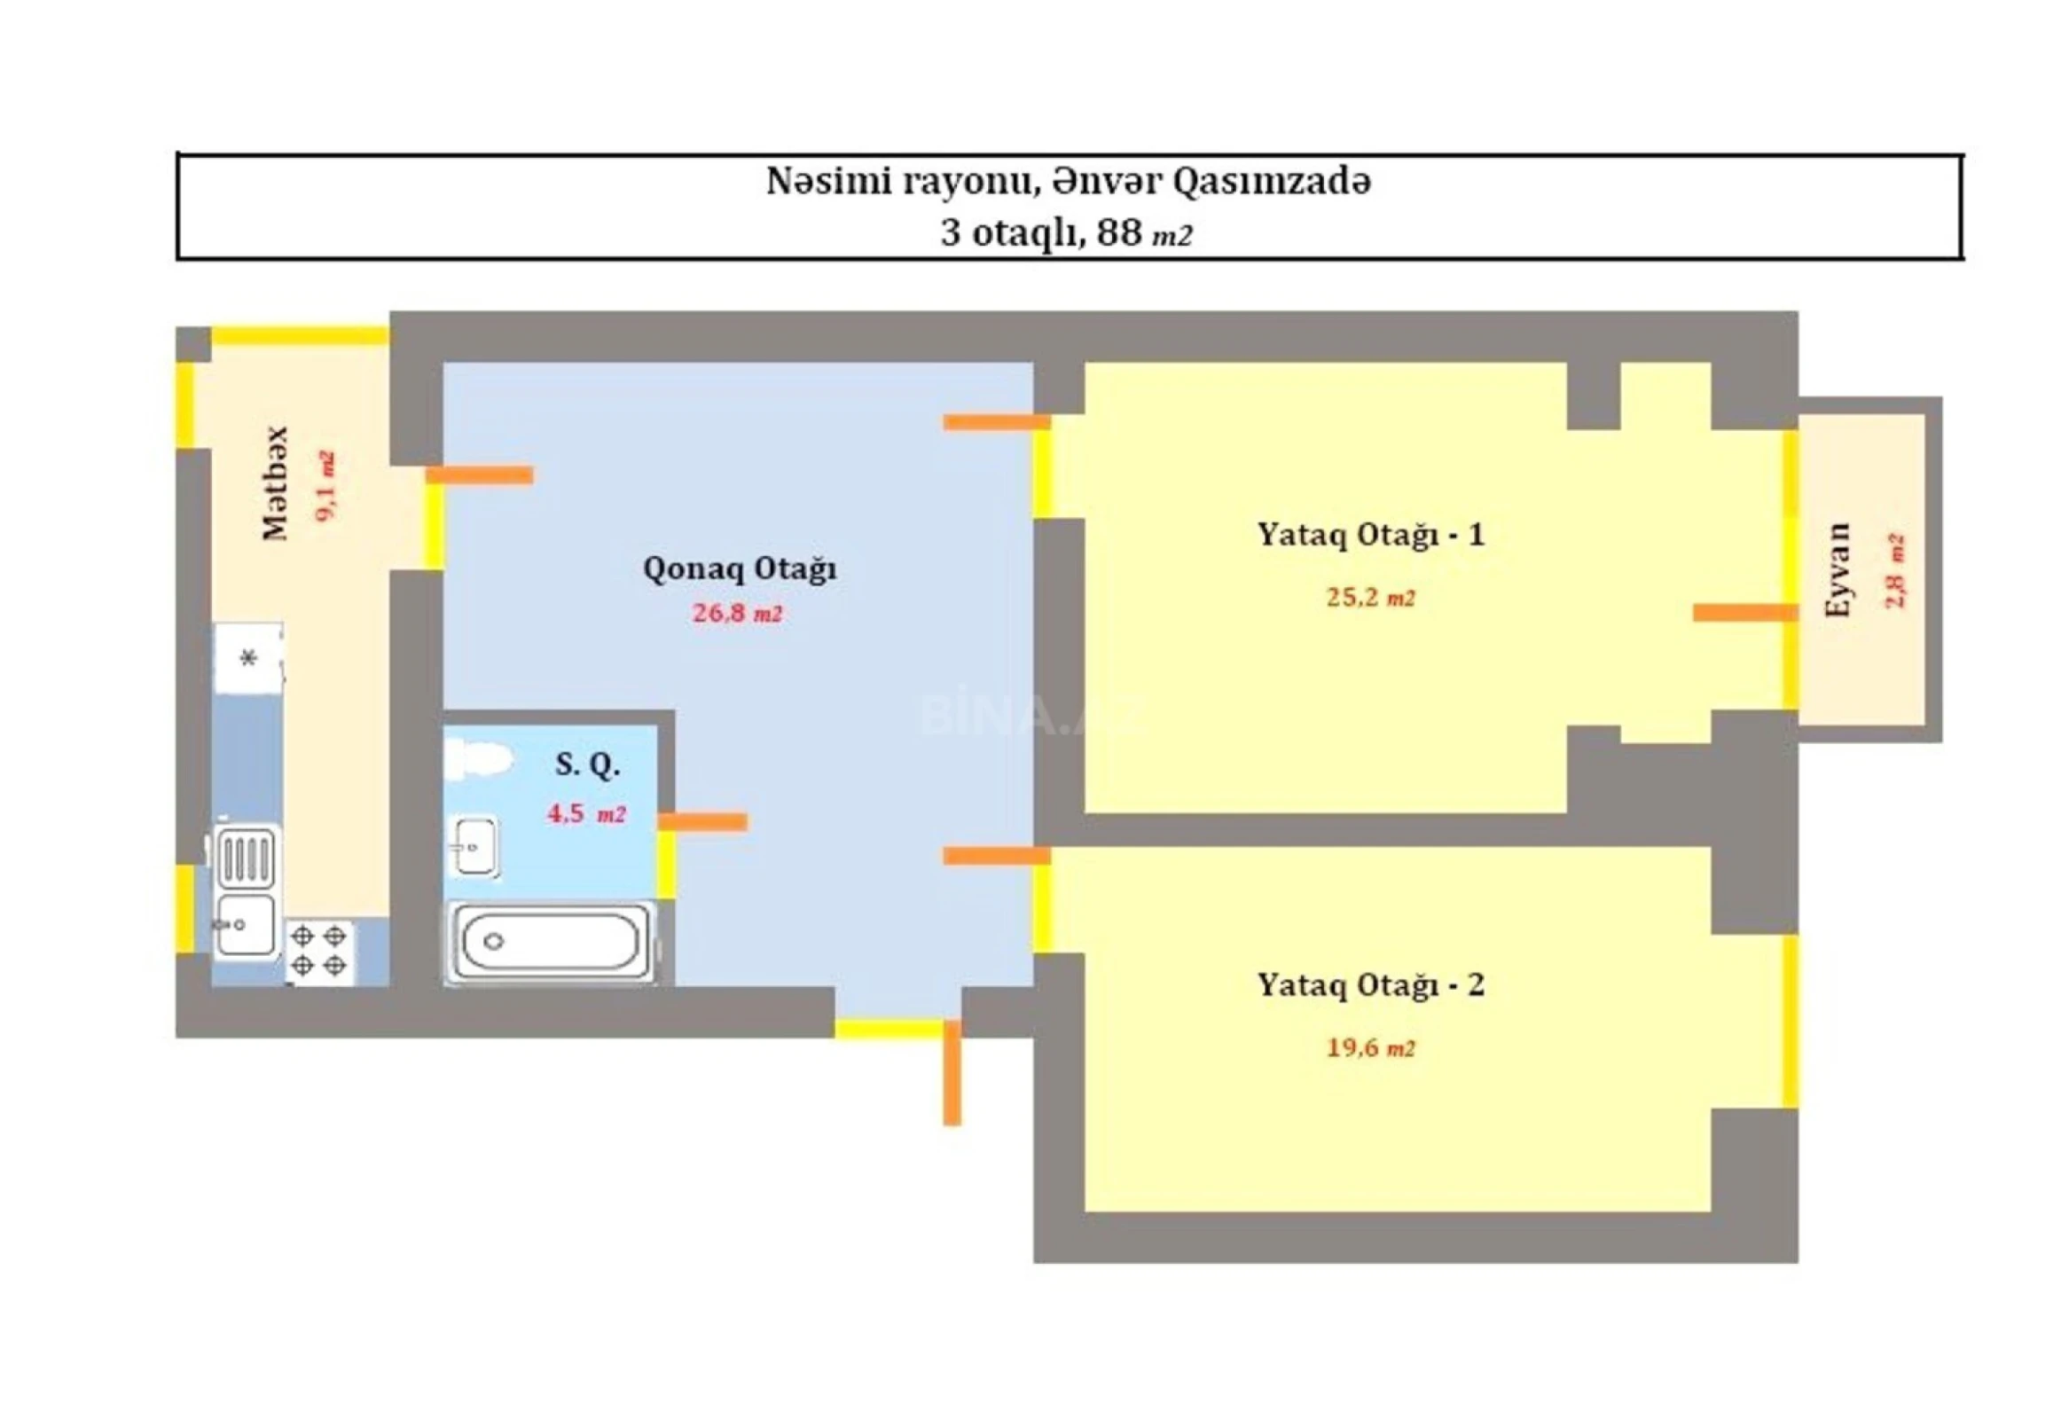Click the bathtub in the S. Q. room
click(549, 942)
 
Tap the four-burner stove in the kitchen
click(318, 951)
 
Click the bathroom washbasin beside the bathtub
click(473, 846)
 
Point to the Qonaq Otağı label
click(739, 568)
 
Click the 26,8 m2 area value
click(737, 614)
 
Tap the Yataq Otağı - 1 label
click(1370, 535)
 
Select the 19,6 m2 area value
click(1370, 1047)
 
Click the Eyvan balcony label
click(1838, 570)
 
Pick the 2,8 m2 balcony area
click(1894, 570)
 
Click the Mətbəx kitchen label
click(276, 483)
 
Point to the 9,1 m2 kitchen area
click(325, 487)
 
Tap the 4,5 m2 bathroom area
click(586, 813)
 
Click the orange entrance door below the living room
click(952, 1074)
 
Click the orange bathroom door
click(702, 821)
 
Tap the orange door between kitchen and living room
click(479, 475)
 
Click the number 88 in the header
click(1119, 233)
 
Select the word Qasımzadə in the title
click(1272, 182)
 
